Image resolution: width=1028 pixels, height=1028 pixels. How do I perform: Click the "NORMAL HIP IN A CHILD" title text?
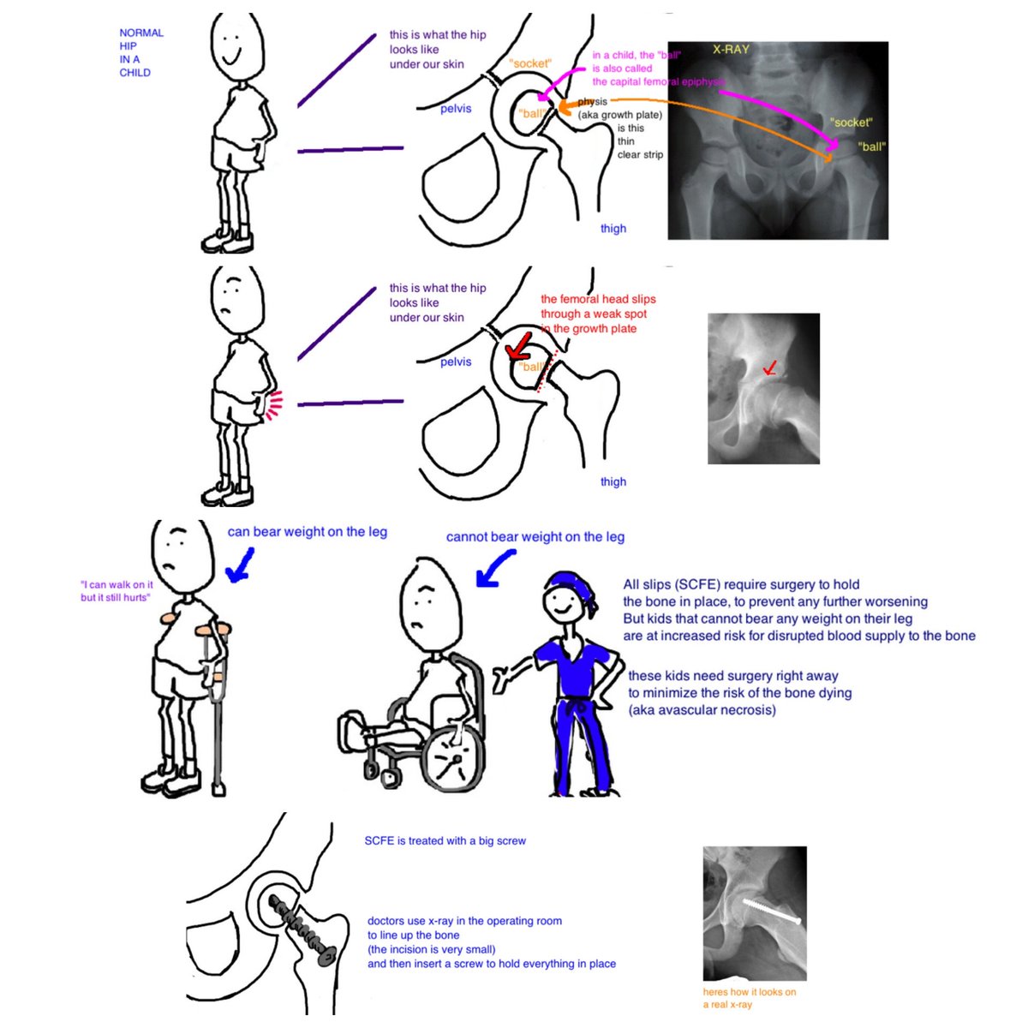click(140, 52)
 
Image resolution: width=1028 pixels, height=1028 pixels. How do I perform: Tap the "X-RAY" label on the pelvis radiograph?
click(731, 50)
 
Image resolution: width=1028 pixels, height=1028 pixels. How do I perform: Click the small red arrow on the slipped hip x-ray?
click(770, 368)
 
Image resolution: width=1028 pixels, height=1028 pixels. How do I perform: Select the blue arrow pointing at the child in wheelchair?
click(496, 568)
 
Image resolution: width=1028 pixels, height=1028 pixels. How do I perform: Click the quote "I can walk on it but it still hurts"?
click(117, 591)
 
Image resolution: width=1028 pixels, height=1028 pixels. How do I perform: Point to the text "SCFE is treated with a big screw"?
click(445, 840)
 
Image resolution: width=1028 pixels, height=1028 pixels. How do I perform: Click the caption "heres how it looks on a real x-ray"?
click(749, 998)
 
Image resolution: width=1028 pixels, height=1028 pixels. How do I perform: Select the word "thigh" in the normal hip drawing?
click(613, 229)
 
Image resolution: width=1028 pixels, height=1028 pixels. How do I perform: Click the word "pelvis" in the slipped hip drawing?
click(456, 362)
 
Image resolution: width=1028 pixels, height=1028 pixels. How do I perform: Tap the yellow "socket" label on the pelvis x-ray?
click(851, 123)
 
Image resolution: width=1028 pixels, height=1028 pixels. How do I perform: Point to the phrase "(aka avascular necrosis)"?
click(702, 709)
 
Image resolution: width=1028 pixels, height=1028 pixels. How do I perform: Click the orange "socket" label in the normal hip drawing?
click(530, 64)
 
